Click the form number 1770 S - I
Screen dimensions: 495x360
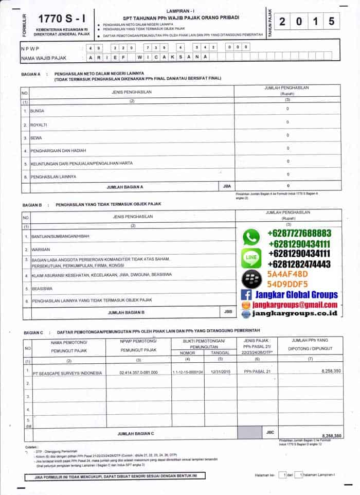[59, 19]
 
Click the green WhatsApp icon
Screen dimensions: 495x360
[251, 237]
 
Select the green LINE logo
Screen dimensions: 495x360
[251, 255]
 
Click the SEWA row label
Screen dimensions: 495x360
[35, 138]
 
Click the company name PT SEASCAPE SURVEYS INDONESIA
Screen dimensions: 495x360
[67, 373]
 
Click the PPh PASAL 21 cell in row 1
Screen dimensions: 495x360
[257, 372]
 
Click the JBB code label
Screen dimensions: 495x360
[228, 311]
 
